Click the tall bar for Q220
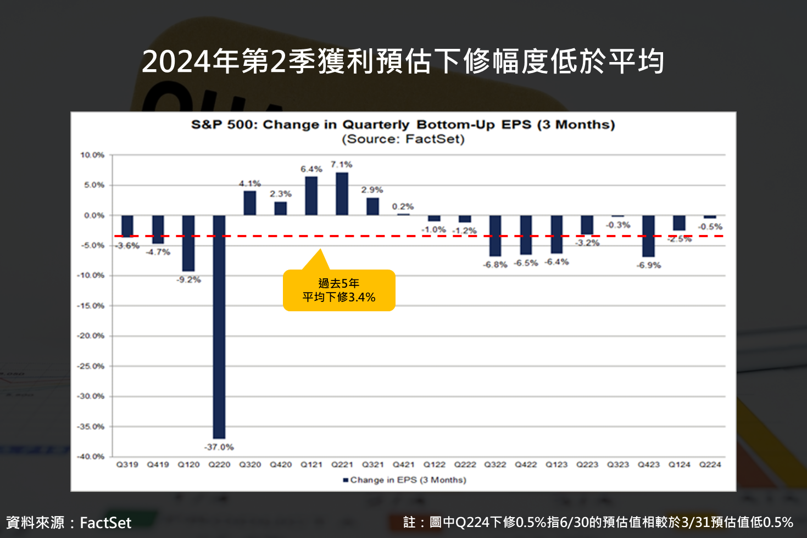coord(219,327)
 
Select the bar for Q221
coord(342,194)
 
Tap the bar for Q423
coord(648,236)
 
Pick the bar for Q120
coord(188,243)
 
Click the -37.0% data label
coord(219,447)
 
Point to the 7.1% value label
coord(341,164)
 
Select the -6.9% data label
coord(649,265)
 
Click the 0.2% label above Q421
coord(403,206)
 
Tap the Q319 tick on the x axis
coord(127,464)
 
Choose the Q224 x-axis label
coord(710,464)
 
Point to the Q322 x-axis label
coord(495,464)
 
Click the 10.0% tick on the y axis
coord(92,155)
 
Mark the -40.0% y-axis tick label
coord(91,456)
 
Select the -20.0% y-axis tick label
coord(91,335)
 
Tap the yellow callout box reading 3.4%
coord(339,290)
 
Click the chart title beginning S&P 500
coord(403,125)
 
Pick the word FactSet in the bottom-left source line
coord(105,523)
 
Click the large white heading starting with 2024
coord(403,61)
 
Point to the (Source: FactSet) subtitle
coord(403,139)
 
